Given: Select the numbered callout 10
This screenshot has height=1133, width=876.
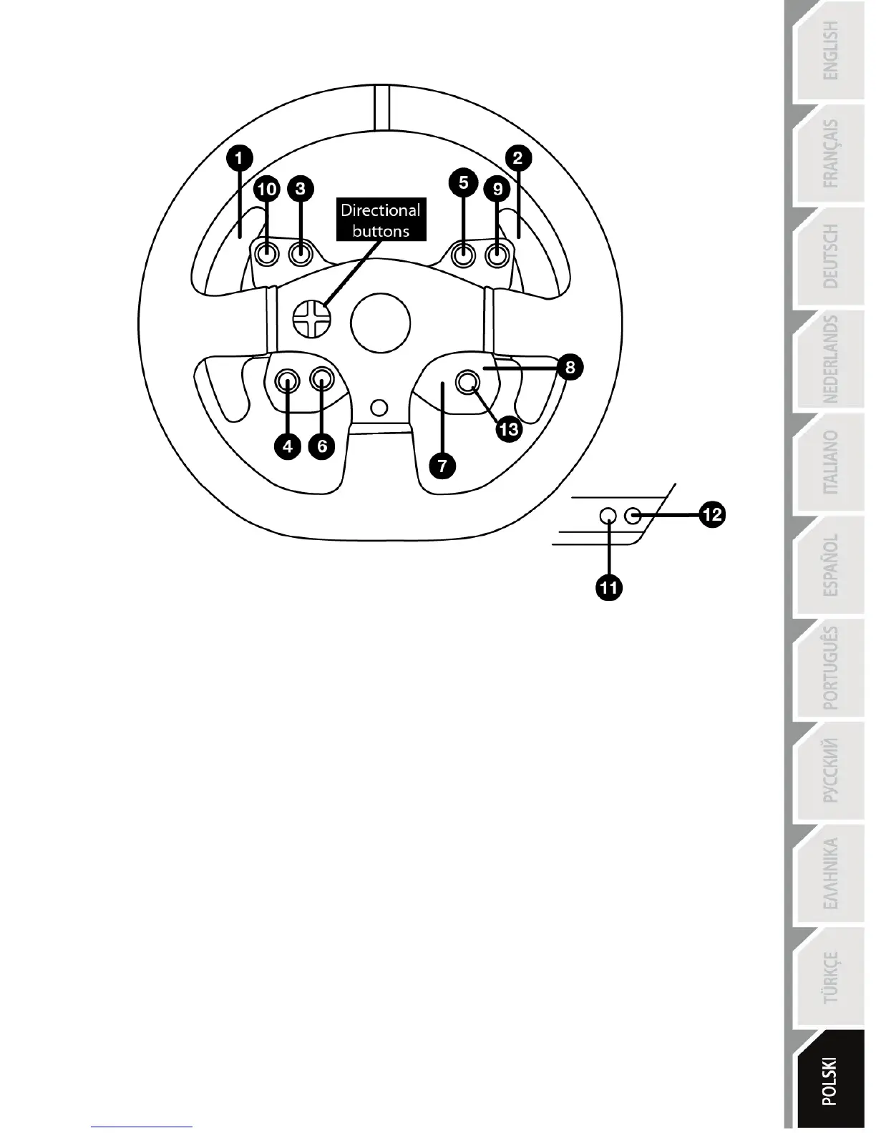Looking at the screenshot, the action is [267, 190].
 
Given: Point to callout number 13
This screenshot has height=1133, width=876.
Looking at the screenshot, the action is [509, 429].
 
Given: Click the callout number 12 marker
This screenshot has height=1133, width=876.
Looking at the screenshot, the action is [713, 514].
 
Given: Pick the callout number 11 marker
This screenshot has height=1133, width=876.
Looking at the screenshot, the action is [609, 588].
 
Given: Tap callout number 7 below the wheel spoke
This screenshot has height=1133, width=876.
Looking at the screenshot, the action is [443, 466].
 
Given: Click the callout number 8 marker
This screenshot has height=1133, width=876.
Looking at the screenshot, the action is [570, 368].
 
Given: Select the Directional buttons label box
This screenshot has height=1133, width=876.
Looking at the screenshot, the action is [381, 220].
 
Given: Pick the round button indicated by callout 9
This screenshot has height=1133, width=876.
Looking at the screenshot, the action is [497, 254].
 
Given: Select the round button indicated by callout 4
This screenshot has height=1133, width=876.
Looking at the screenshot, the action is [288, 381].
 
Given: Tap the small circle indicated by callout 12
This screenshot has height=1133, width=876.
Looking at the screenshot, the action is [633, 515].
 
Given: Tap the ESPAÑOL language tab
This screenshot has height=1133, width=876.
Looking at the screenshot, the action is [829, 565].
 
